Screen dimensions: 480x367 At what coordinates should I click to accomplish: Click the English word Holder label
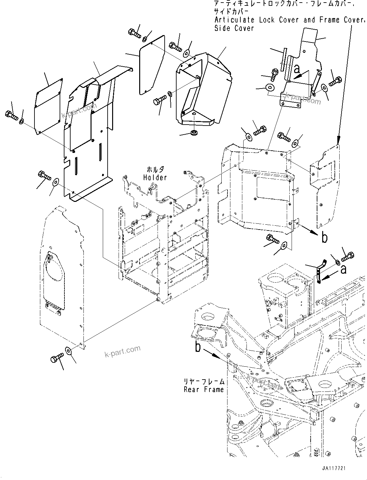(155, 177)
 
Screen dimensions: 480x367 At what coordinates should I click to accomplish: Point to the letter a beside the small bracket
(343, 269)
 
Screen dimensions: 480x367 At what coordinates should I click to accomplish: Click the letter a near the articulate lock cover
(297, 69)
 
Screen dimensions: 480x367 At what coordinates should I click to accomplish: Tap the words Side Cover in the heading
(234, 28)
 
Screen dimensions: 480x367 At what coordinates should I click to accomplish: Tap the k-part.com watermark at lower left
(122, 351)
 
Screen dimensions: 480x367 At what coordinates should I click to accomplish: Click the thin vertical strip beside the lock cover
(284, 60)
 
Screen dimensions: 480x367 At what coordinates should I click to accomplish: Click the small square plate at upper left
(48, 105)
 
